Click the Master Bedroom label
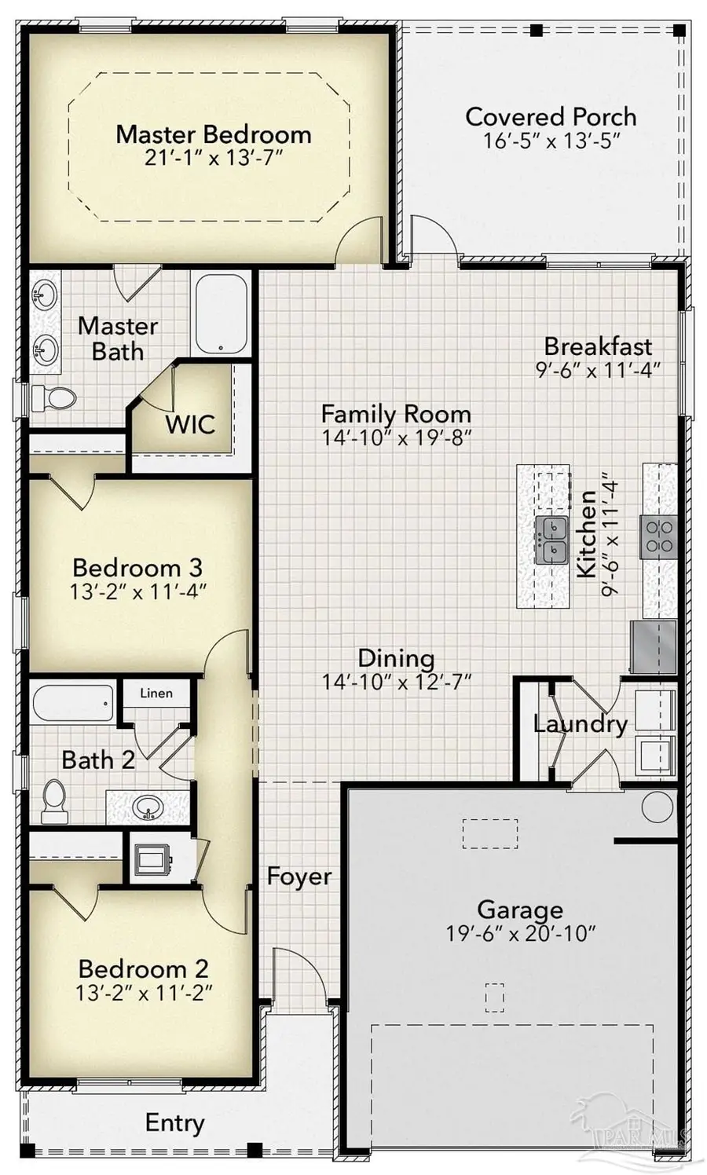[x=213, y=134]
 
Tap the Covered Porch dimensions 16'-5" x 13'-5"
[x=552, y=141]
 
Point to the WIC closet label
[x=189, y=424]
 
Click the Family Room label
[x=396, y=414]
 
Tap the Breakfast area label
[x=598, y=346]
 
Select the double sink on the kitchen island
[x=551, y=540]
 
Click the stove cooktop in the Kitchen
[x=658, y=536]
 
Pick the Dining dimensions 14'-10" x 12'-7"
[x=396, y=681]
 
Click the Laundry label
[x=580, y=723]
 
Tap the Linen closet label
[x=156, y=693]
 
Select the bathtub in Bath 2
[x=73, y=703]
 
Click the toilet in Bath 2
[x=54, y=801]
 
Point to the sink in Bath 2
[x=148, y=807]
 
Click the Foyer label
[x=299, y=876]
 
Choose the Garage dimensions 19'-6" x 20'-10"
[x=520, y=933]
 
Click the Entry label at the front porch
[x=174, y=1122]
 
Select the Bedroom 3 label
[x=137, y=567]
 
